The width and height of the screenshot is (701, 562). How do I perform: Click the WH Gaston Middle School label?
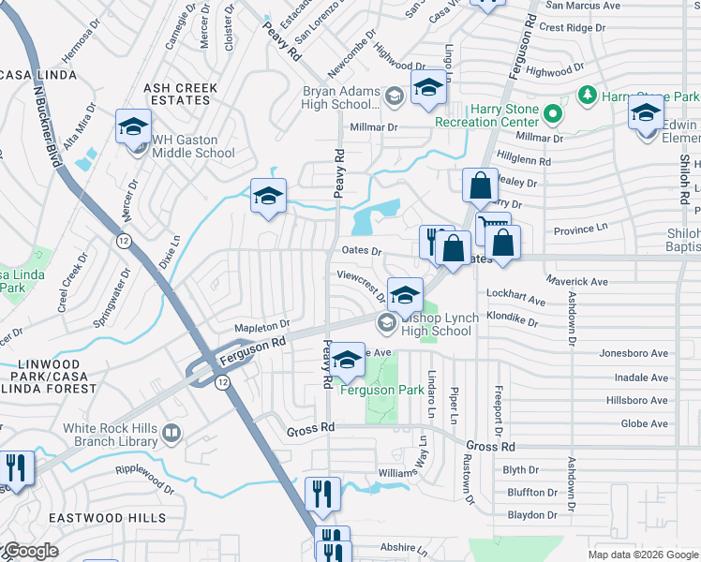coord(193,146)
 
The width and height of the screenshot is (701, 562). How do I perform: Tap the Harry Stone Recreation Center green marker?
coord(553,116)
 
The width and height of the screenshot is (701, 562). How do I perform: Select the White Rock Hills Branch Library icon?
coord(171,433)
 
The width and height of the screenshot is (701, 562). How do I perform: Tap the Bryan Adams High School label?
coord(339,97)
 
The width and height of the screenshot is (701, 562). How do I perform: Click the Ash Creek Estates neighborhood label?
coord(180,95)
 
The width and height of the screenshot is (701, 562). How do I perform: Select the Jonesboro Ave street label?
coord(634,354)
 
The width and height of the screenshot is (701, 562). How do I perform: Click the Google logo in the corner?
coord(31,551)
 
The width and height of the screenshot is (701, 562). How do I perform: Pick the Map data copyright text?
coord(642,555)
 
